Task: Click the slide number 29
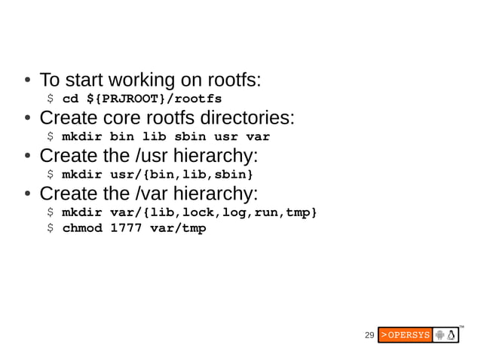pyautogui.click(x=369, y=334)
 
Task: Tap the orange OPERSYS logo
pyautogui.click(x=405, y=334)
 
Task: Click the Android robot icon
pyautogui.click(x=440, y=334)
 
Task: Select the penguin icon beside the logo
pyautogui.click(x=452, y=334)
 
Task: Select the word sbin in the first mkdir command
pyautogui.click(x=190, y=137)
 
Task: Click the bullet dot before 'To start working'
pyautogui.click(x=26, y=80)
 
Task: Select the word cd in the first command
pyautogui.click(x=70, y=99)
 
